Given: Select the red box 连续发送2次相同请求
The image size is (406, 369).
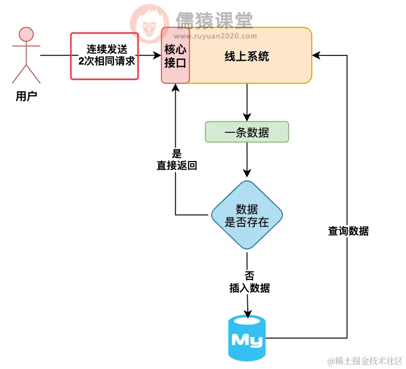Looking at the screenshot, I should click(x=104, y=56).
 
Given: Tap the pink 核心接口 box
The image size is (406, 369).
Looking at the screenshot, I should click(x=175, y=56).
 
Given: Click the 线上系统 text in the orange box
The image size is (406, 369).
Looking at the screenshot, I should click(x=247, y=56).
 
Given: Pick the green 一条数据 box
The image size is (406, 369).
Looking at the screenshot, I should click(x=247, y=132).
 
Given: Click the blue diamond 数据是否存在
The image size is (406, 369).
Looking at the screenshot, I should click(x=247, y=215).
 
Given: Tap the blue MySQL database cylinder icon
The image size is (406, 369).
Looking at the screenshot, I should click(x=247, y=338).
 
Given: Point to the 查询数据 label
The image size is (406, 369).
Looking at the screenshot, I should click(x=348, y=231).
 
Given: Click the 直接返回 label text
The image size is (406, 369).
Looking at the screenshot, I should click(x=176, y=165).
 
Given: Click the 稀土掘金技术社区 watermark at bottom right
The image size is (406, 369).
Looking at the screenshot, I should click(x=365, y=361).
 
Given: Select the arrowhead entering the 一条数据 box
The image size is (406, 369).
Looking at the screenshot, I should click(x=247, y=118).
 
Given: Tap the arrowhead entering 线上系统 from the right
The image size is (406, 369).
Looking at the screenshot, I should click(x=316, y=55).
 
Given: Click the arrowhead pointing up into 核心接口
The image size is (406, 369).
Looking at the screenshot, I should click(x=175, y=88).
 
